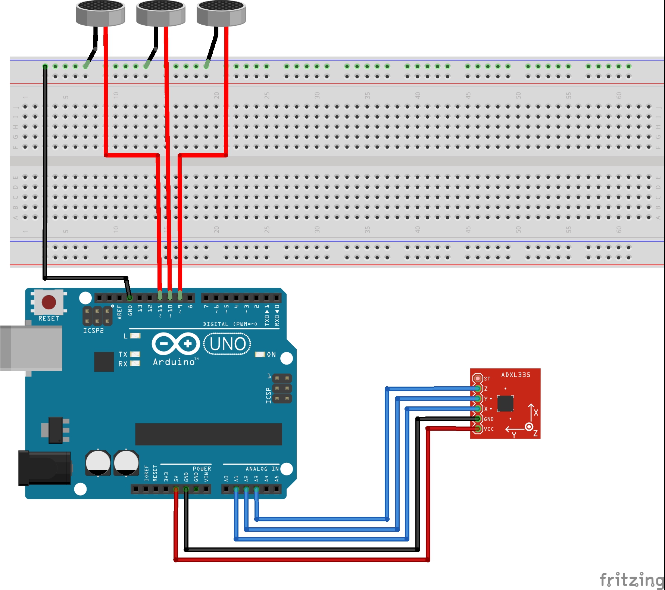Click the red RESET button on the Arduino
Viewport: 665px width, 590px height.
(x=49, y=302)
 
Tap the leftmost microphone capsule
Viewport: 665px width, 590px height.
(x=100, y=13)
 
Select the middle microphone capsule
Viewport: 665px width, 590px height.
(x=160, y=13)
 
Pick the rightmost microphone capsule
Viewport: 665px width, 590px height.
(x=221, y=13)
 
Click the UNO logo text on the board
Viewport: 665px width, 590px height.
(x=227, y=344)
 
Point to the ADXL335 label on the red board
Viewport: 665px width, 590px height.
(x=515, y=375)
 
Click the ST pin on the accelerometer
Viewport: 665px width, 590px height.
(x=477, y=378)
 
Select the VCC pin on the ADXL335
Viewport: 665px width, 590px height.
(x=477, y=429)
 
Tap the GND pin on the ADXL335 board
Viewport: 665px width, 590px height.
(x=477, y=419)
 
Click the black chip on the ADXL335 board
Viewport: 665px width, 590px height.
(x=505, y=403)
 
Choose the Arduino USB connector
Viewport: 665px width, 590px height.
(x=31, y=348)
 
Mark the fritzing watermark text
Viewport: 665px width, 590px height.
(x=631, y=580)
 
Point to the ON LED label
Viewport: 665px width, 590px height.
(x=271, y=355)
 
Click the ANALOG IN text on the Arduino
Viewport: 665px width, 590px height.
(x=262, y=469)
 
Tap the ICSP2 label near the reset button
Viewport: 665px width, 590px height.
(x=93, y=331)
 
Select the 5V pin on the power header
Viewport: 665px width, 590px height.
(x=176, y=489)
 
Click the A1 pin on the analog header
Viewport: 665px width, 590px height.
(x=236, y=489)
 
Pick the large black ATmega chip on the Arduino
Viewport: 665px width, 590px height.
(x=208, y=434)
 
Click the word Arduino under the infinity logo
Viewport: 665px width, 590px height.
(x=174, y=362)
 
